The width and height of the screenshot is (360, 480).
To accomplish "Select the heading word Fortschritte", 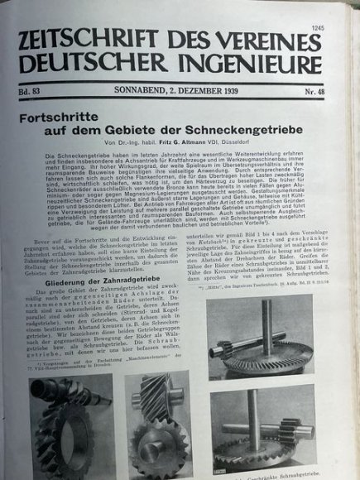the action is [x=65, y=117].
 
